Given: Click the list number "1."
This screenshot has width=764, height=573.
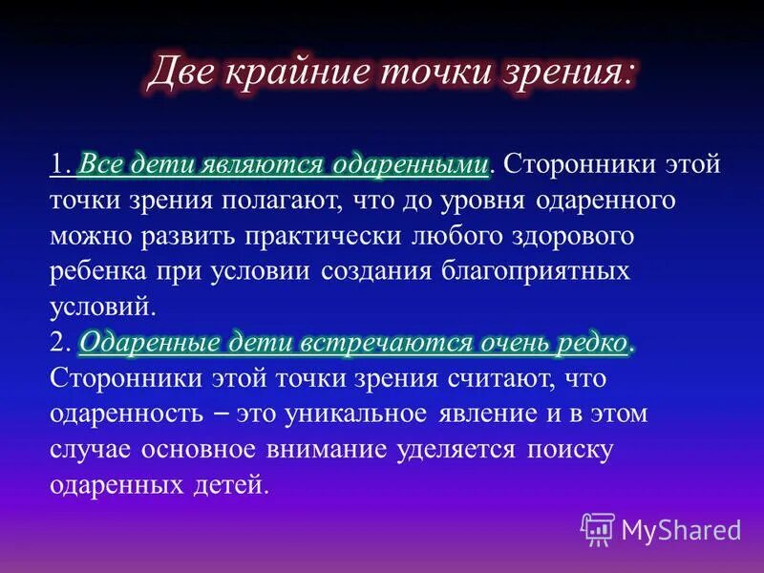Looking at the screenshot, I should click(x=61, y=164).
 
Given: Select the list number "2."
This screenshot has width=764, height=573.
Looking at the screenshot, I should click(x=61, y=342).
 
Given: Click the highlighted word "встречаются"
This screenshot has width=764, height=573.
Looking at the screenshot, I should click(x=376, y=342).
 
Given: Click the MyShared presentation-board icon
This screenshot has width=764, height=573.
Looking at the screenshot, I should click(x=598, y=528).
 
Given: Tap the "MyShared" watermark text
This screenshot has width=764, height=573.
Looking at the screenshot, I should click(x=681, y=529).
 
